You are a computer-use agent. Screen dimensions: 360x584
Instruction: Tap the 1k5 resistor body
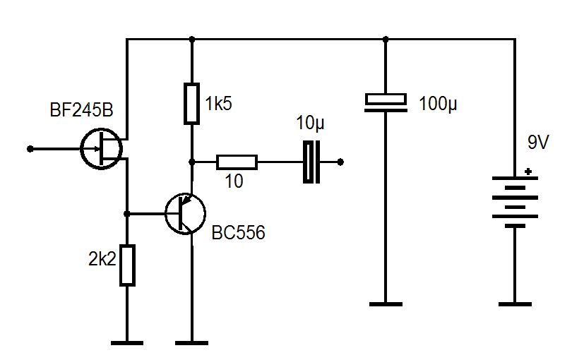pos(191,104)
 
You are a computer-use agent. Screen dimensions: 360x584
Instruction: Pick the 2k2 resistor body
pos(127,265)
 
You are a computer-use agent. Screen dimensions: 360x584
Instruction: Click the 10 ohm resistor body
pos(237,162)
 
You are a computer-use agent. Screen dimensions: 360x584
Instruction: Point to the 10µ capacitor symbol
pos(311,162)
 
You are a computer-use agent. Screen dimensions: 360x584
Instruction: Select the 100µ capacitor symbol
pos(386,102)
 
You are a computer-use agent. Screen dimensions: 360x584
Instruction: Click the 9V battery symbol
pos(515,201)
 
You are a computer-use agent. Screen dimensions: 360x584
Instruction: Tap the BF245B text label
pos(81,112)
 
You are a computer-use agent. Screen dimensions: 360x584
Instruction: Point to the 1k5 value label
pos(218,104)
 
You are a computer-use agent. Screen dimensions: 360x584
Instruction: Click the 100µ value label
pos(439,104)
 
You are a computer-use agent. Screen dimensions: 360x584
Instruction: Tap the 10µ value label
pos(311,125)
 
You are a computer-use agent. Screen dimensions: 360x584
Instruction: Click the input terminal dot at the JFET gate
pos(30,149)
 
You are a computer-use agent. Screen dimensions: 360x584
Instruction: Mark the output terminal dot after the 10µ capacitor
pos(341,162)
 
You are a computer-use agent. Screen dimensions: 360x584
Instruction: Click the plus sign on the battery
pos(528,170)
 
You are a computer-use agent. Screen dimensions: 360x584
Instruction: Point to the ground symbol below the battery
pos(515,304)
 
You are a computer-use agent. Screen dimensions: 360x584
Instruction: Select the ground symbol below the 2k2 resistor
pos(127,343)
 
